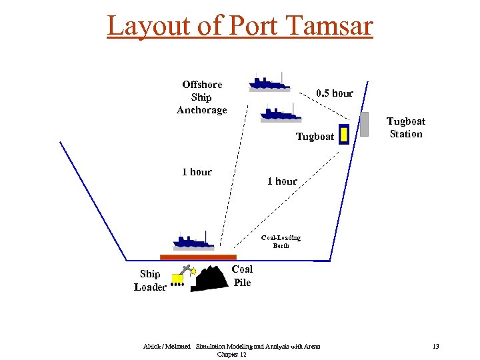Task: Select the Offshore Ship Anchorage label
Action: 202,97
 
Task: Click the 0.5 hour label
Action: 335,93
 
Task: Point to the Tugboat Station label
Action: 406,127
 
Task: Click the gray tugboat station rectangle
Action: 364,124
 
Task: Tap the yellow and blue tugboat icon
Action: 344,135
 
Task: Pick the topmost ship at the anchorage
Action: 269,81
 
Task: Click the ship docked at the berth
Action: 194,241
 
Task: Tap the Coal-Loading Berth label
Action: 281,241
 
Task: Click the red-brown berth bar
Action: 198,257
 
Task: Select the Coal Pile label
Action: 242,276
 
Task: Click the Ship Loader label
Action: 150,281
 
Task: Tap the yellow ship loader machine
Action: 180,276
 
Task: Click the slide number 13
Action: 435,347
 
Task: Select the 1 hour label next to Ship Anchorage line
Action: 197,172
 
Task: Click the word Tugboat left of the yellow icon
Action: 315,137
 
